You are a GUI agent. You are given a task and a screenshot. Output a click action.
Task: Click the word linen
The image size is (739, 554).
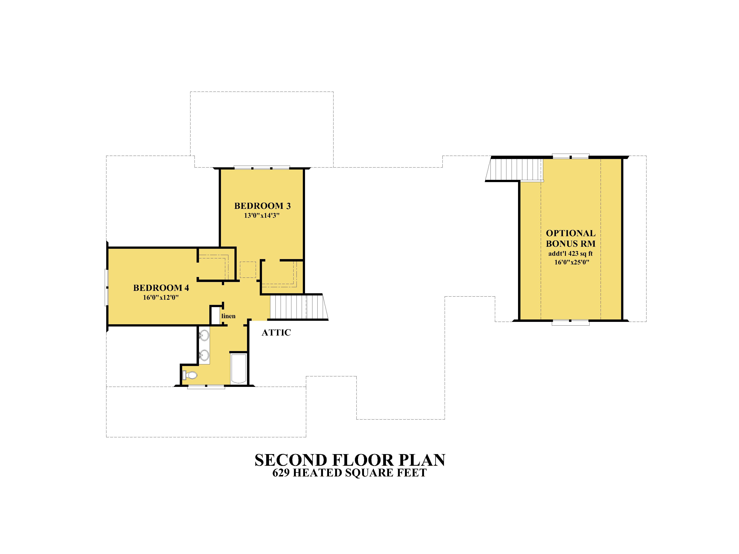229,316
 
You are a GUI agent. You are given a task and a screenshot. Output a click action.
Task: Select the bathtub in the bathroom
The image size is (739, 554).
239,369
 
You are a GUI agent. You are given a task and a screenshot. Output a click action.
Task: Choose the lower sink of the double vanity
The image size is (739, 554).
204,355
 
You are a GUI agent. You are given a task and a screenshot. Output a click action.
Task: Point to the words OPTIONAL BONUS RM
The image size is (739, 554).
571,238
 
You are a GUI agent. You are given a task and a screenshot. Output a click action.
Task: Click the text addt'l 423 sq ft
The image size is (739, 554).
571,254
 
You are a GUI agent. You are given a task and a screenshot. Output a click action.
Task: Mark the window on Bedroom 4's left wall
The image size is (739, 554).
107,288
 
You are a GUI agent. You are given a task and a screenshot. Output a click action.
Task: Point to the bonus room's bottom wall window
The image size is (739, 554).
570,323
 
